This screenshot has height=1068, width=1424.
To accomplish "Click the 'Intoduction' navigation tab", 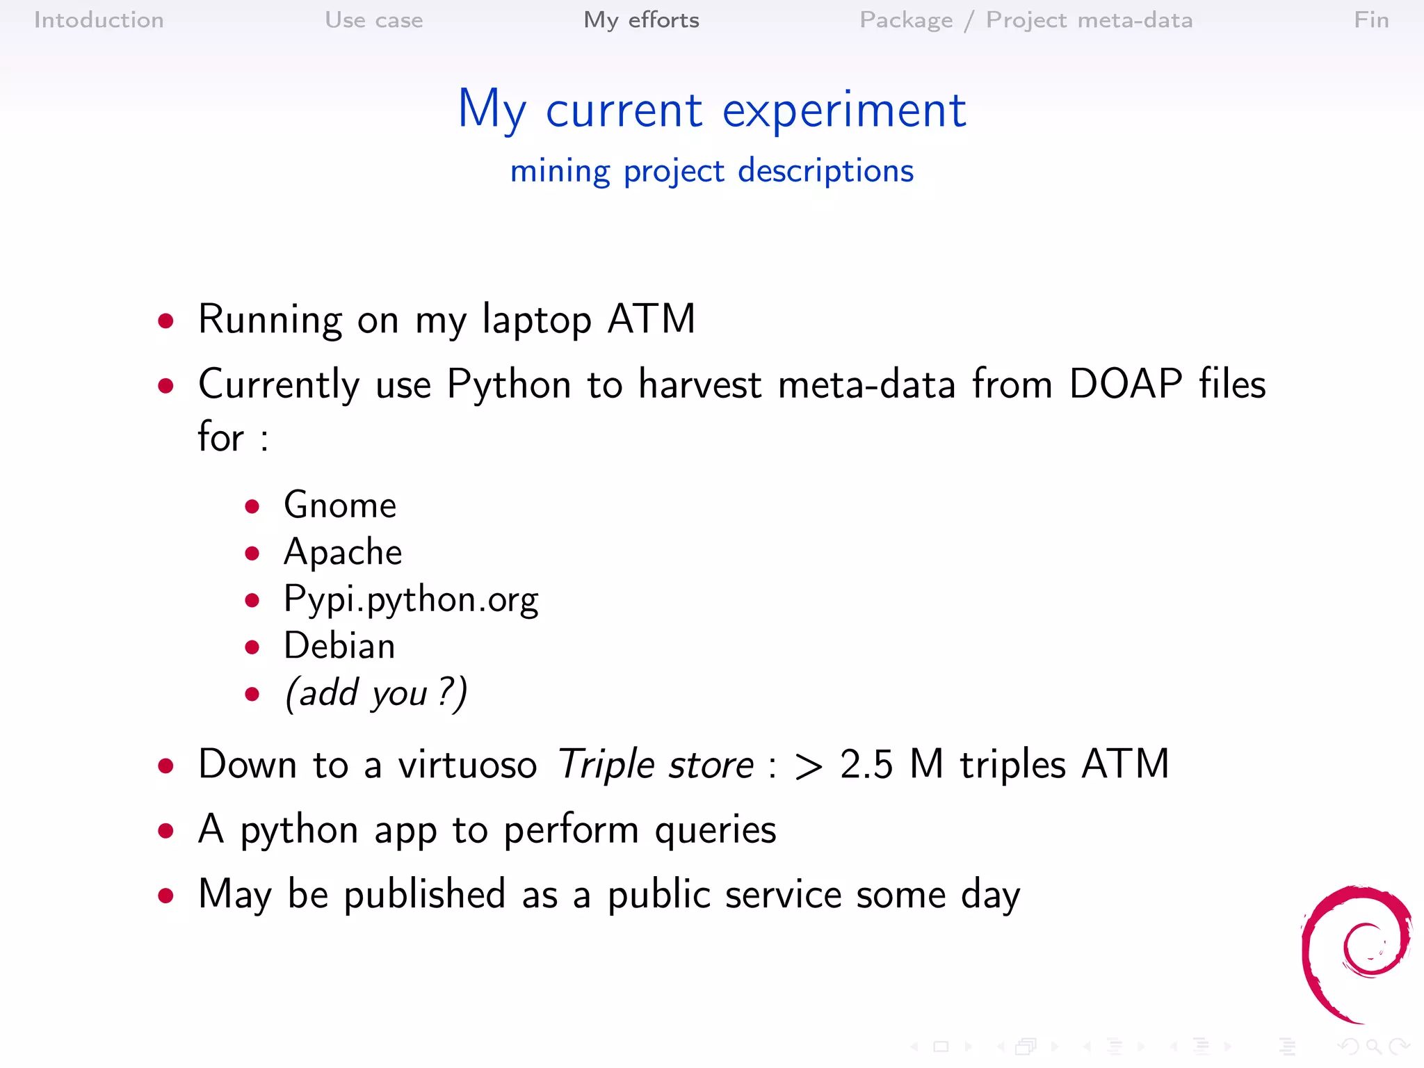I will pos(99,20).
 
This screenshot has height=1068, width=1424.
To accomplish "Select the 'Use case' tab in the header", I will pos(373,20).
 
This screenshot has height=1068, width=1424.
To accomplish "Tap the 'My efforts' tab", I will pos(641,20).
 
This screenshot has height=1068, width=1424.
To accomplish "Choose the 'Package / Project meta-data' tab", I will pos(1026,20).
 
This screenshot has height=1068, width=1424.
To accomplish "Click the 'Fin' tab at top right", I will pos(1370,20).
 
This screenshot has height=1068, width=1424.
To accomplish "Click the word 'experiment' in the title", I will pos(843,110).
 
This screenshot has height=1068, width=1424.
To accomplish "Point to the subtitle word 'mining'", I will pos(560,171).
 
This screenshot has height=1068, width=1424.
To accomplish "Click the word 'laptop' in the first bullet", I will pos(536,320).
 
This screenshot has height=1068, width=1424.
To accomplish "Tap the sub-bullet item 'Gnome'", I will pos(340,505).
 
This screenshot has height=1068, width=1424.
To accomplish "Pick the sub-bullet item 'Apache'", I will pos(343,552).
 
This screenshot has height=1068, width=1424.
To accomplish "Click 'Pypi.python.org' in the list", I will pos(411,599).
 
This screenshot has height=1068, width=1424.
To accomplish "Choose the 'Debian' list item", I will pos(339,646).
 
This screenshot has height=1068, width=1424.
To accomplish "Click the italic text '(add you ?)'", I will pos(376,693).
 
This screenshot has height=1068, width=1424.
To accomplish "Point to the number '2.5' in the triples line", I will pos(866,765).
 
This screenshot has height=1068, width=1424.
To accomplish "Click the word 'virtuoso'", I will pos(467,765).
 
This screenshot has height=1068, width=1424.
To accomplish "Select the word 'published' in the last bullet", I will pos(424,894).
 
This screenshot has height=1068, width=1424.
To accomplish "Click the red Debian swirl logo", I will pos(1356,953).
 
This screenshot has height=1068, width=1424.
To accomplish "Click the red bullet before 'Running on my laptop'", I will pos(165,321).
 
